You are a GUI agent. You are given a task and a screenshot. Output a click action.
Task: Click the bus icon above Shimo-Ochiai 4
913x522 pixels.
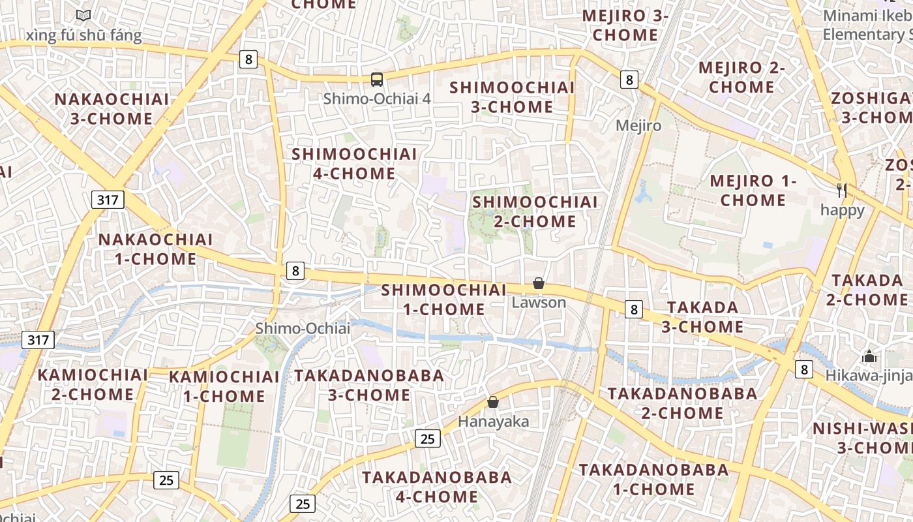pyautogui.click(x=377, y=80)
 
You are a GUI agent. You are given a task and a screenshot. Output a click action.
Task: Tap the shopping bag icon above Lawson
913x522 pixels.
pyautogui.click(x=539, y=283)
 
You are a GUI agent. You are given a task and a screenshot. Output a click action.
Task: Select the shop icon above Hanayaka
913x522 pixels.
pyautogui.click(x=493, y=402)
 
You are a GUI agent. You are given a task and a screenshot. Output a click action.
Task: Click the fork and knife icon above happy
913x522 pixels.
pyautogui.click(x=842, y=191)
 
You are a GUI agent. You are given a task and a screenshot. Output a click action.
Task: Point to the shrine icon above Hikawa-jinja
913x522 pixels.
pyautogui.click(x=869, y=357)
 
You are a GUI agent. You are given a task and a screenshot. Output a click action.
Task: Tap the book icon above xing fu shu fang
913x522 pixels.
pyautogui.click(x=83, y=15)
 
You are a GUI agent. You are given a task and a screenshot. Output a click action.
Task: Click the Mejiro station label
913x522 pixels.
pyautogui.click(x=638, y=125)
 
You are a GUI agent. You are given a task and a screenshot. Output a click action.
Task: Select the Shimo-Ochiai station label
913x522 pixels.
pyautogui.click(x=303, y=328)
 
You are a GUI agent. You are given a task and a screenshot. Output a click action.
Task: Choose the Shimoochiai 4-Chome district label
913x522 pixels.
pyautogui.click(x=354, y=164)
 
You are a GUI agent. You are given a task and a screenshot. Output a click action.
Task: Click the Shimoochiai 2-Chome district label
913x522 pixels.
pyautogui.click(x=535, y=211)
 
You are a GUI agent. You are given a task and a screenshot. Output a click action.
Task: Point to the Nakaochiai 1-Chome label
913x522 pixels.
pyautogui.click(x=156, y=249)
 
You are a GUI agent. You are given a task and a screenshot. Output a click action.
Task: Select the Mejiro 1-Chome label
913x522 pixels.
pyautogui.click(x=753, y=190)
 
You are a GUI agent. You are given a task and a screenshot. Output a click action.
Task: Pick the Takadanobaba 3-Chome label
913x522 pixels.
pyautogui.click(x=369, y=385)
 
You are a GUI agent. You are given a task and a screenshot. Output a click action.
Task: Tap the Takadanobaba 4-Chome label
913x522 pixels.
pyautogui.click(x=437, y=486)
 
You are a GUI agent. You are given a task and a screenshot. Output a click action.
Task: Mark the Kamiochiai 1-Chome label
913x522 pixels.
pyautogui.click(x=224, y=386)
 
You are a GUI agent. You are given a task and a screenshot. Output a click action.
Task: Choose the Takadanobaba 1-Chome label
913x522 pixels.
pyautogui.click(x=653, y=479)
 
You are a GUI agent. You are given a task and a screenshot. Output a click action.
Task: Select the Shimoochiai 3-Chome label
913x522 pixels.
pyautogui.click(x=513, y=97)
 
